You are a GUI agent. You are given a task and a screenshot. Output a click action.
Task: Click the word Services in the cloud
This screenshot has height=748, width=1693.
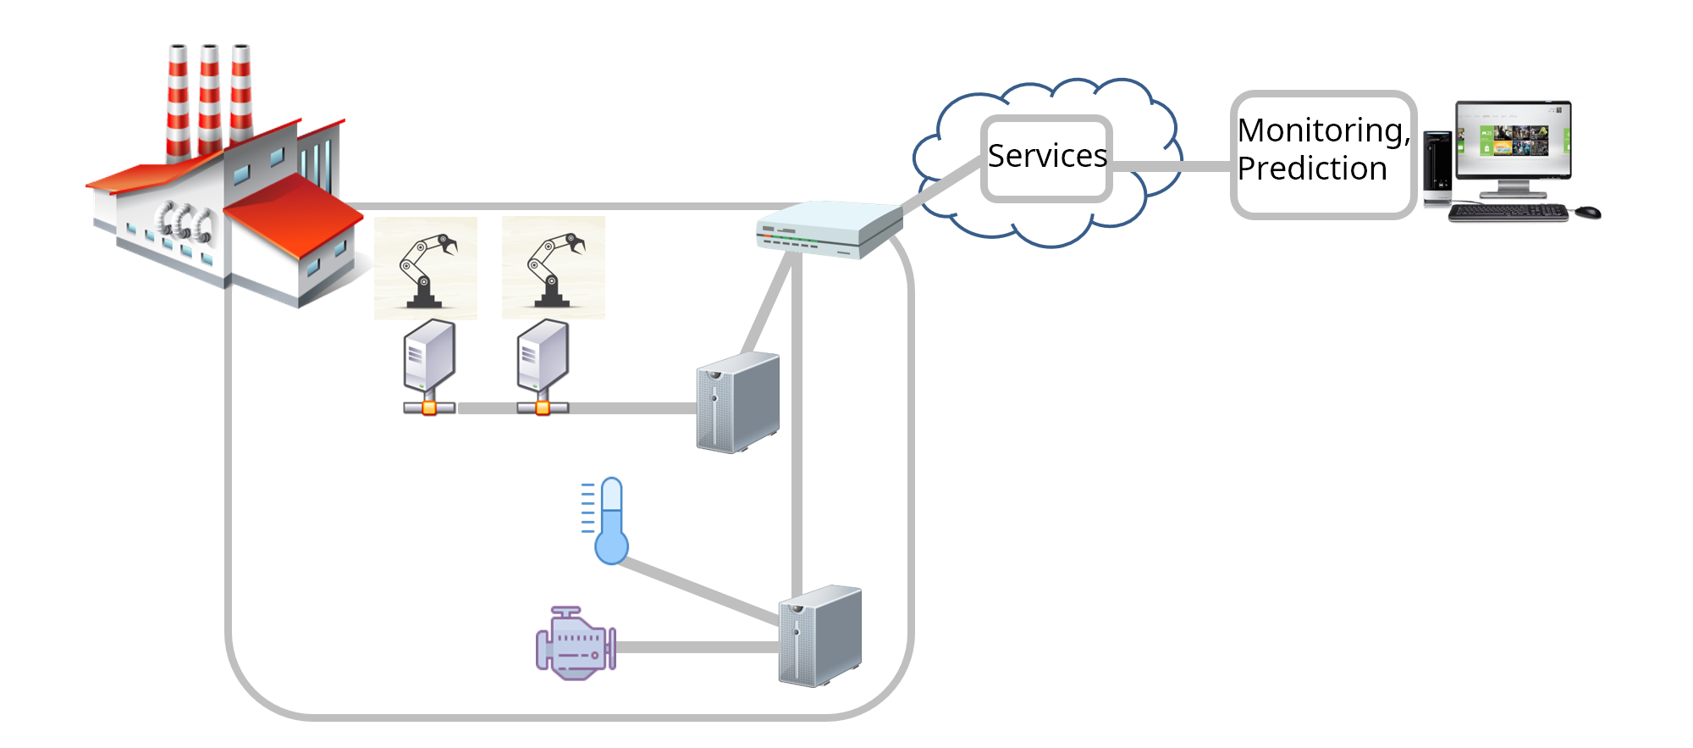(x=1047, y=157)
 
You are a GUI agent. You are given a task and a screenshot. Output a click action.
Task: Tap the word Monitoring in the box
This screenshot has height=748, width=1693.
(x=1322, y=131)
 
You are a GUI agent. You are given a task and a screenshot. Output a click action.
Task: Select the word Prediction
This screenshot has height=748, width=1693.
(x=1311, y=169)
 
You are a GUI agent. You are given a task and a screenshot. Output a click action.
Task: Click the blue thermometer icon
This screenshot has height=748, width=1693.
(x=610, y=522)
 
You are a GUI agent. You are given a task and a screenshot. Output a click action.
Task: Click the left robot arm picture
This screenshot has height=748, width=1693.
(x=426, y=268)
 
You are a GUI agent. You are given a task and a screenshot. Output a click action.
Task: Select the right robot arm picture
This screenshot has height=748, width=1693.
(x=554, y=268)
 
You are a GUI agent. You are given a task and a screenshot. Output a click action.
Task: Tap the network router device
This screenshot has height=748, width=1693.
(x=829, y=229)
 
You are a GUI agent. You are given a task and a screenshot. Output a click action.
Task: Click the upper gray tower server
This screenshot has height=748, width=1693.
(x=737, y=403)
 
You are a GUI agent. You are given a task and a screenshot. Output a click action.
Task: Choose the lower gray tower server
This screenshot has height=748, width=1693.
(x=819, y=636)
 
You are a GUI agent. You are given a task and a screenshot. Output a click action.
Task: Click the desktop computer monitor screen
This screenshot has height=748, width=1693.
(x=1514, y=140)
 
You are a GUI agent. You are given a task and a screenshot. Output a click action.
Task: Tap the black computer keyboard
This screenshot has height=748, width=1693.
(x=1508, y=212)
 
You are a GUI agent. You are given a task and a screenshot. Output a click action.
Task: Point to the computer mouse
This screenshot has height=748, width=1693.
(x=1588, y=211)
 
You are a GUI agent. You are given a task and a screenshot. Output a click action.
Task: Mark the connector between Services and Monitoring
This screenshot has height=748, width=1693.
(x=1172, y=166)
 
